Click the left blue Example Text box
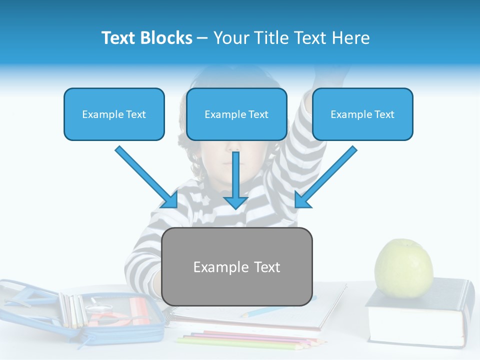click(x=114, y=114)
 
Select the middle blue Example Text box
click(x=236, y=114)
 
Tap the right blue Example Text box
click(x=362, y=114)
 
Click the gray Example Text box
click(x=237, y=266)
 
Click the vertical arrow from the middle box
click(x=236, y=180)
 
